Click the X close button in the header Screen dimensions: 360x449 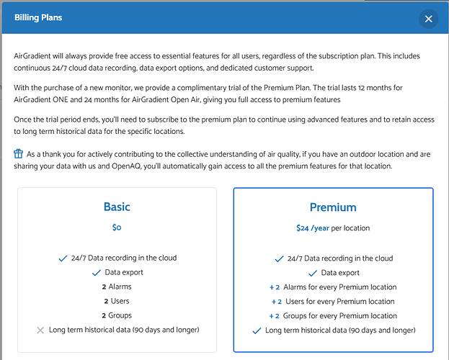(x=428, y=19)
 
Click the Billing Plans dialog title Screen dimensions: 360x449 (x=38, y=17)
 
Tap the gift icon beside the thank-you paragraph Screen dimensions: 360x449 (x=19, y=153)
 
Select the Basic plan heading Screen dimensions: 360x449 (x=117, y=207)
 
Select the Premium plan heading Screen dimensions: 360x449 (x=333, y=207)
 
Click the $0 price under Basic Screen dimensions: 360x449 (x=117, y=228)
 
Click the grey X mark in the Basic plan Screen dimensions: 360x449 (x=40, y=330)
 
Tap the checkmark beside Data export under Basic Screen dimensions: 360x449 (x=96, y=273)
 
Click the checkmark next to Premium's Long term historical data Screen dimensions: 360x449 (x=256, y=330)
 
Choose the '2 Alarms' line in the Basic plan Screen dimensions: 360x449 (x=117, y=287)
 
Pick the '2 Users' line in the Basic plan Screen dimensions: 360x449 (x=117, y=301)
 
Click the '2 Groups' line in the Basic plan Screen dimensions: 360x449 (x=117, y=315)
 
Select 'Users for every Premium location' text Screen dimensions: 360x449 (x=341, y=301)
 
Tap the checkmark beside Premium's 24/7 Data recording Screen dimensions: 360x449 (x=279, y=258)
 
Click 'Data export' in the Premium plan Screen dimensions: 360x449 (x=340, y=273)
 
